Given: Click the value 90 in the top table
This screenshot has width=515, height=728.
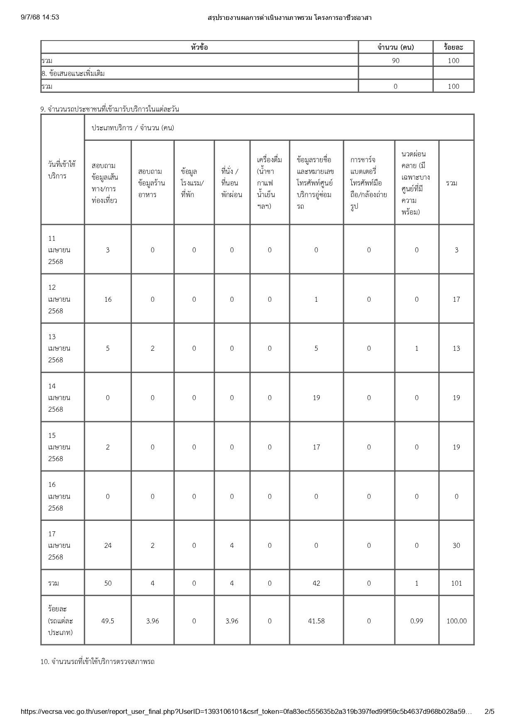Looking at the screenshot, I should tap(395, 61).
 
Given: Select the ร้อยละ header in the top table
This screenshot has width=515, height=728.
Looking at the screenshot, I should tap(453, 47).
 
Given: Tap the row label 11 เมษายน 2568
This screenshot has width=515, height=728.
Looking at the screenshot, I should tap(59, 250).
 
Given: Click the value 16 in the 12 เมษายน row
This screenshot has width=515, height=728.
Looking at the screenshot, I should tap(108, 299).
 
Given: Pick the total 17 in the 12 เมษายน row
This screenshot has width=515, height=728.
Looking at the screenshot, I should tap(456, 299).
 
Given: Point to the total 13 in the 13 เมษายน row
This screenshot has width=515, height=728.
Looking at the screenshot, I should tap(456, 348).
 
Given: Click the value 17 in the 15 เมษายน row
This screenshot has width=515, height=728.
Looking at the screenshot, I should tap(316, 447).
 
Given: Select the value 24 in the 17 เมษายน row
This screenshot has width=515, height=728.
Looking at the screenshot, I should tap(108, 545).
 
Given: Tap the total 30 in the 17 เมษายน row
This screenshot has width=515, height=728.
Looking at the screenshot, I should tap(456, 545).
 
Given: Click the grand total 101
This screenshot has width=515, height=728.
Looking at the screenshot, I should tap(456, 583).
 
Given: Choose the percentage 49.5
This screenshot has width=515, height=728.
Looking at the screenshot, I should tap(108, 621).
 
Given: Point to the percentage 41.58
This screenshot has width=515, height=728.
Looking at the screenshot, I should tap(316, 621).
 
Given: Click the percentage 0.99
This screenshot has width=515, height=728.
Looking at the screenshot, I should tap(417, 621).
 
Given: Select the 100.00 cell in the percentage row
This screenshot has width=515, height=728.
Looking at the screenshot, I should tap(456, 621).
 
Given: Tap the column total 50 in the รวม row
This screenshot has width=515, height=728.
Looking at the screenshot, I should tap(108, 583).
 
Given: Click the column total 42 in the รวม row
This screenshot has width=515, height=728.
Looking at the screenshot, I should tap(316, 583).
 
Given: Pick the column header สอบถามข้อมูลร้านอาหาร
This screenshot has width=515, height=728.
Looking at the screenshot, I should tap(152, 183).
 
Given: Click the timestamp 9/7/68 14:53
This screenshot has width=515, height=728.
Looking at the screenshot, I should tap(40, 17).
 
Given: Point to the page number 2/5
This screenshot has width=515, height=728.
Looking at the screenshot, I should tap(490, 712).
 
